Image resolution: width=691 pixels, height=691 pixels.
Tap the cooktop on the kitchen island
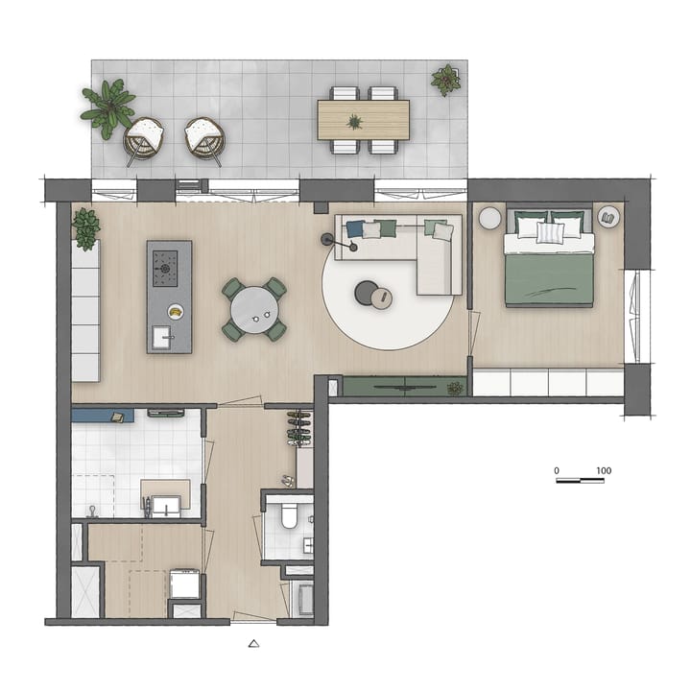[169, 263]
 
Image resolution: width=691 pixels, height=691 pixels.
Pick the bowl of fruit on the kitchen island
[176, 310]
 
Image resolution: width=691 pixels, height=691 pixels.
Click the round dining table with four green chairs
[254, 309]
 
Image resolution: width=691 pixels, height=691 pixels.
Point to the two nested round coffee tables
[373, 295]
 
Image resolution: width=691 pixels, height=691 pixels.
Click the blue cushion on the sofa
[356, 228]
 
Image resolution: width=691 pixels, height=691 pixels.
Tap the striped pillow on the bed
[550, 233]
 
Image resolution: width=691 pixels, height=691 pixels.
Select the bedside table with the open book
[609, 218]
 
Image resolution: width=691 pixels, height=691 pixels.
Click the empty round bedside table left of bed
[490, 218]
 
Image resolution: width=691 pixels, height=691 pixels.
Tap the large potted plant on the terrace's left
[107, 107]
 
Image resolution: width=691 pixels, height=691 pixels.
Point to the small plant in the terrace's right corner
[445, 80]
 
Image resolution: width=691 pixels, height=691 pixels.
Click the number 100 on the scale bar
[603, 471]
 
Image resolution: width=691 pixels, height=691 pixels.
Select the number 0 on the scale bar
[558, 471]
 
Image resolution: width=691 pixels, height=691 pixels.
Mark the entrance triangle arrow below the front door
[253, 644]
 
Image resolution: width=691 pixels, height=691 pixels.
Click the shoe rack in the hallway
[300, 428]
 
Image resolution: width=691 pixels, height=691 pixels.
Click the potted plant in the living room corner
[86, 227]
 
